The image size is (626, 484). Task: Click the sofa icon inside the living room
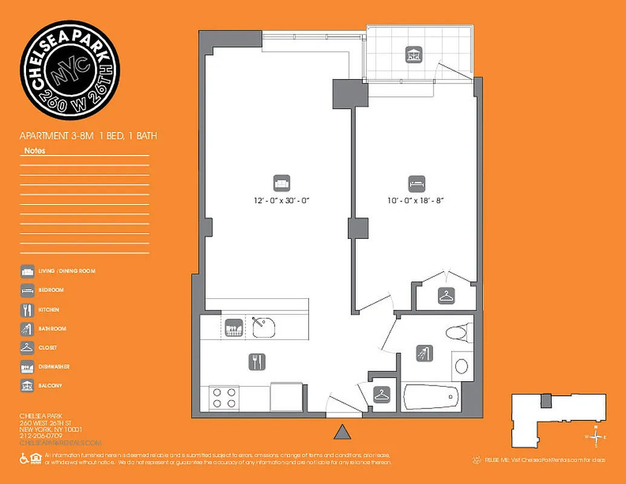coord(281,182)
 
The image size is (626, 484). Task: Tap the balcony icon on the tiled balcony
coord(414,54)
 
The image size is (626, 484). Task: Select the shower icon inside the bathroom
coord(423,353)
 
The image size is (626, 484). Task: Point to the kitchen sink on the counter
coord(264,327)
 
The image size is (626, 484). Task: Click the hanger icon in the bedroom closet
coord(446,296)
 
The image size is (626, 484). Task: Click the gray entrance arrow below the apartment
coord(343,431)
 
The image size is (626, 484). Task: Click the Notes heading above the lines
coord(34,151)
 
